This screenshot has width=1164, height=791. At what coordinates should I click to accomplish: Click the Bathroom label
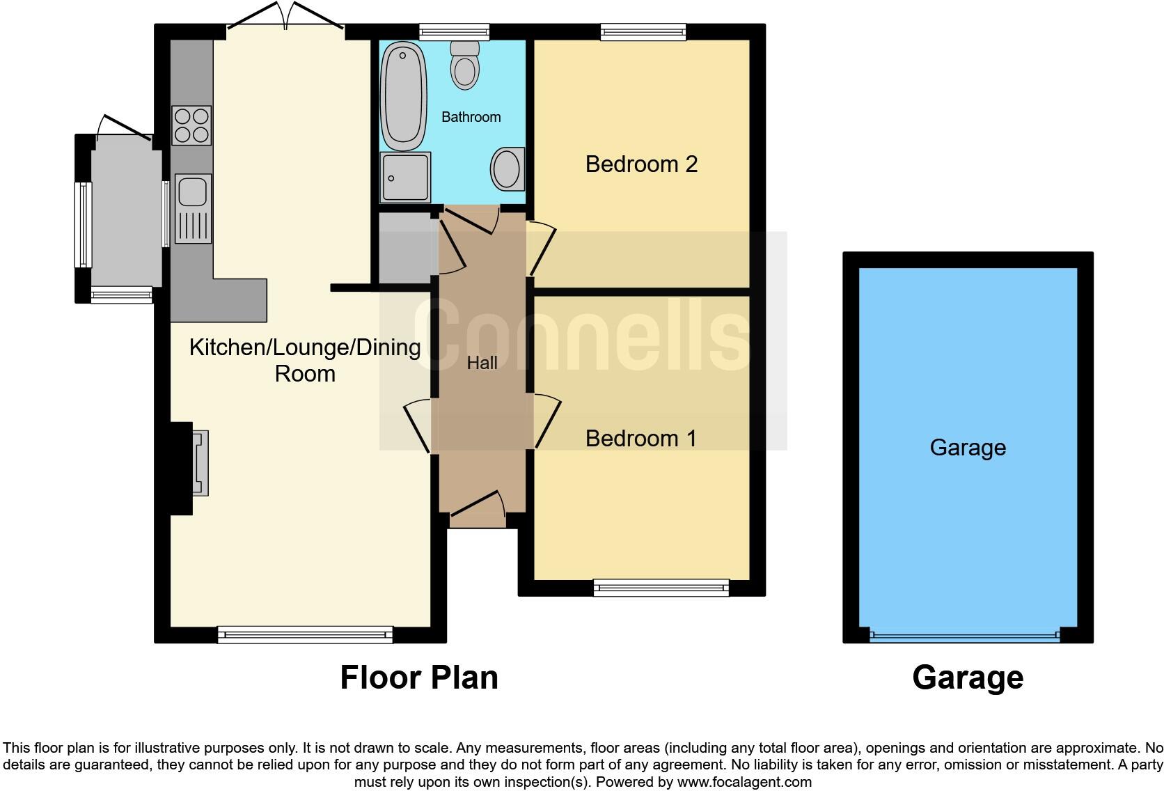(x=471, y=117)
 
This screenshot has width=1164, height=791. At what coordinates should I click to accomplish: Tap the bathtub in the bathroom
(x=404, y=96)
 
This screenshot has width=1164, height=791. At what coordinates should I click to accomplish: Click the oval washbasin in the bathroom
(x=508, y=169)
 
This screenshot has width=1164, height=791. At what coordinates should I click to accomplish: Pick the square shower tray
(x=405, y=178)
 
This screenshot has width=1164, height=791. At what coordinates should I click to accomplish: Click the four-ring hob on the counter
(x=191, y=125)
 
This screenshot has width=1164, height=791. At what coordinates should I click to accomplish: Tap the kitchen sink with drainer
(x=193, y=208)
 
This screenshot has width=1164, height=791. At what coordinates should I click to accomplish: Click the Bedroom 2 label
(x=641, y=164)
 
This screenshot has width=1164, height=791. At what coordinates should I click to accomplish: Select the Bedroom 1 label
(x=640, y=439)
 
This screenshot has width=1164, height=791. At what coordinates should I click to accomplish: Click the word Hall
(x=482, y=363)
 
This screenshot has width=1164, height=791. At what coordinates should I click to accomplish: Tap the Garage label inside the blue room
(x=968, y=448)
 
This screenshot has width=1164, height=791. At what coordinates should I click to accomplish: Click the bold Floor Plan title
(x=419, y=678)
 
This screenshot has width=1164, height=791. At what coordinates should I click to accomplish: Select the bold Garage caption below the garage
(x=968, y=678)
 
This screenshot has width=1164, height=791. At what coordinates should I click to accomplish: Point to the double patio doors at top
(x=286, y=21)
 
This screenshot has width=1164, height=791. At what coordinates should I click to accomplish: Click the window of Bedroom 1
(x=661, y=588)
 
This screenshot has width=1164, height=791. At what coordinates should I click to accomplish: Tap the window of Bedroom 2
(x=643, y=31)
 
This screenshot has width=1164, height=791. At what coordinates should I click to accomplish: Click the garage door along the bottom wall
(x=964, y=635)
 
